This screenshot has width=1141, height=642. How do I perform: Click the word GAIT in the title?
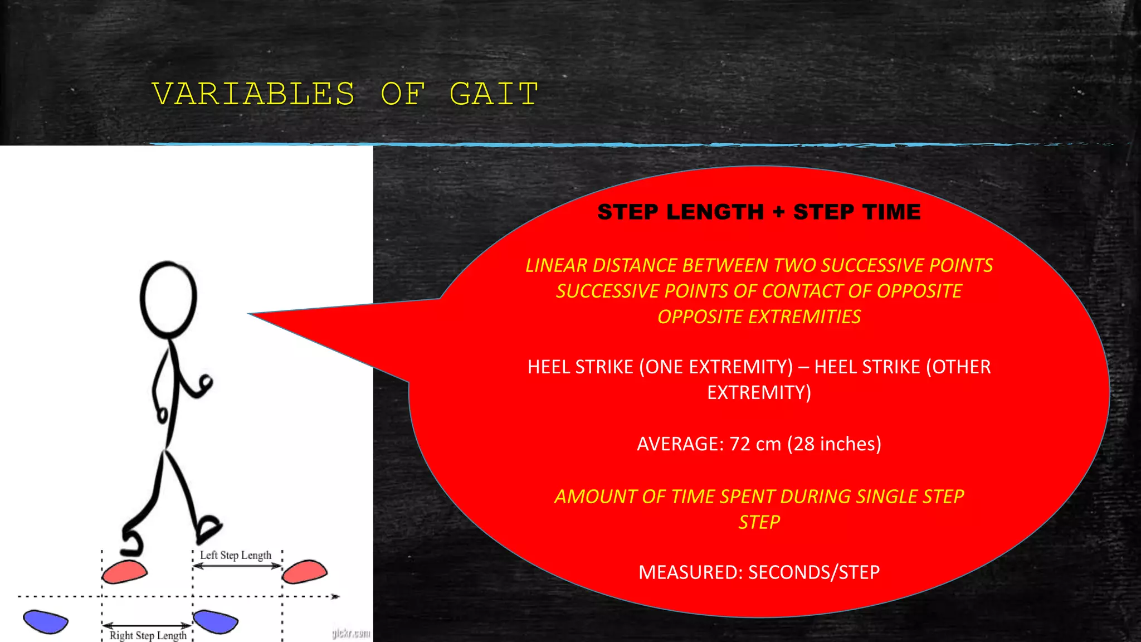494,94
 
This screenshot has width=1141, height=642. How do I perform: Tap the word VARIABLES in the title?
253,94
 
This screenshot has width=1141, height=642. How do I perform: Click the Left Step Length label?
236,555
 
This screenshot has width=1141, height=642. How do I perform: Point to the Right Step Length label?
148,635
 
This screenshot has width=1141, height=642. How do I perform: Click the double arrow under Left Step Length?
237,566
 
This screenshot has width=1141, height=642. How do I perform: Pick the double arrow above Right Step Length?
148,625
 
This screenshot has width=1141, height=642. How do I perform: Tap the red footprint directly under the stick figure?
125,572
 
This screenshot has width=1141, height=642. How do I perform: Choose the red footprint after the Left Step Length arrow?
304,572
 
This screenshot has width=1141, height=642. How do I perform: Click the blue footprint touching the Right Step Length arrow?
216,621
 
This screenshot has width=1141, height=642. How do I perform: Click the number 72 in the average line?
740,444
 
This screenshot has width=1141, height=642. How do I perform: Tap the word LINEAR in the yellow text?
556,265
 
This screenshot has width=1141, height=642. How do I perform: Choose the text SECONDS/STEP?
814,572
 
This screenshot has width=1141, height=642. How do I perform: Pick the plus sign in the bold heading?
778,212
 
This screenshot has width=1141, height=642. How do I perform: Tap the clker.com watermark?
351,633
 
